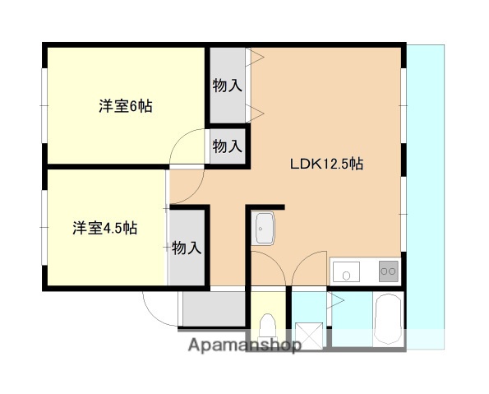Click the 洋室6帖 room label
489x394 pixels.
126,106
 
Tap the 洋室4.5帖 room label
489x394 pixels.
104,228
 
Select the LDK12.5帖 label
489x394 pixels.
326,164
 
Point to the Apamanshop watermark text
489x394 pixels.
244,345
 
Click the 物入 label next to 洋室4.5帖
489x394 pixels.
187,247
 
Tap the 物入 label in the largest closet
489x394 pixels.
227,86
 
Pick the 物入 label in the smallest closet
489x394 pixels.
227,146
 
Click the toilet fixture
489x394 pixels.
267,329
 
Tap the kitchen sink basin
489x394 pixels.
346,271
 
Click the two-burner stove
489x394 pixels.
386,270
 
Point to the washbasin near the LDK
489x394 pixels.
265,229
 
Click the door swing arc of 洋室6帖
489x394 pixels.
187,148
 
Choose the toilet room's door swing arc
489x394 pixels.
266,267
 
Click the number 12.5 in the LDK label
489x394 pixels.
335,164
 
